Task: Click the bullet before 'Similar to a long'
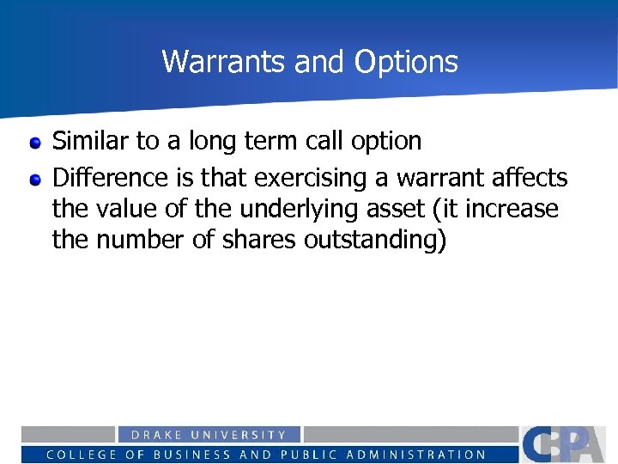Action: coord(35,142)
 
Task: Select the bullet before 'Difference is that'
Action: coord(35,180)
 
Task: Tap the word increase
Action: coord(512,209)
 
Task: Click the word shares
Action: coord(258,240)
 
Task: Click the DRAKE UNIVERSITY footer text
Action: coord(209,436)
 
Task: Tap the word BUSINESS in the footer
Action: coord(188,455)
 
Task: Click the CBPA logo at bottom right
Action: coord(567,445)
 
